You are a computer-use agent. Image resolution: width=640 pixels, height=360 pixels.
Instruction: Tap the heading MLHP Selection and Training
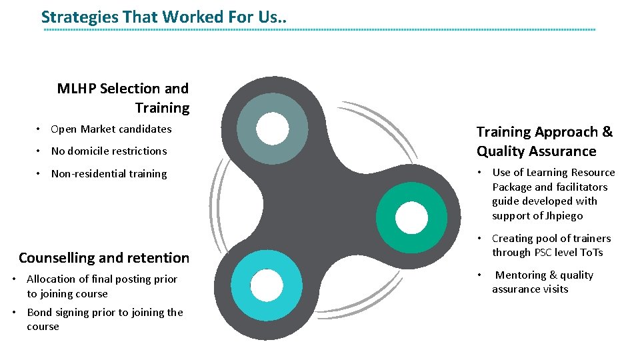point(123,98)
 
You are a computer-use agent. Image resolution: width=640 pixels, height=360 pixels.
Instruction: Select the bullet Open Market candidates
point(111,129)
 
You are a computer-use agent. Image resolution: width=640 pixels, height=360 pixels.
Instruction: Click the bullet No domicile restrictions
point(109,151)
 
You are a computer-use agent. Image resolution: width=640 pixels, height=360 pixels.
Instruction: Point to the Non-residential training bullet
point(109,174)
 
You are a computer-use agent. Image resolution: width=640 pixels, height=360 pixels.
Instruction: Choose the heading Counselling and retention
point(104,258)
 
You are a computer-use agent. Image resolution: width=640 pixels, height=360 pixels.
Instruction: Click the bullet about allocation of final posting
point(102,287)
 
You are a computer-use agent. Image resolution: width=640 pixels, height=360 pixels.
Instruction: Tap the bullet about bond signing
point(105,319)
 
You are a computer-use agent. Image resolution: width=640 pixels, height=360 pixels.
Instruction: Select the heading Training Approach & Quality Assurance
point(544,141)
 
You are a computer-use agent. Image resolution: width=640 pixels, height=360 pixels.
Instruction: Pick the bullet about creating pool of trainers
point(551,245)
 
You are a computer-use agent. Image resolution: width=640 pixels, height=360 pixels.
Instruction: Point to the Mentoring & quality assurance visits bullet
point(543,282)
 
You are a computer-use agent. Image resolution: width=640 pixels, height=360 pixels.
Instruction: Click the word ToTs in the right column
point(591,253)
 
